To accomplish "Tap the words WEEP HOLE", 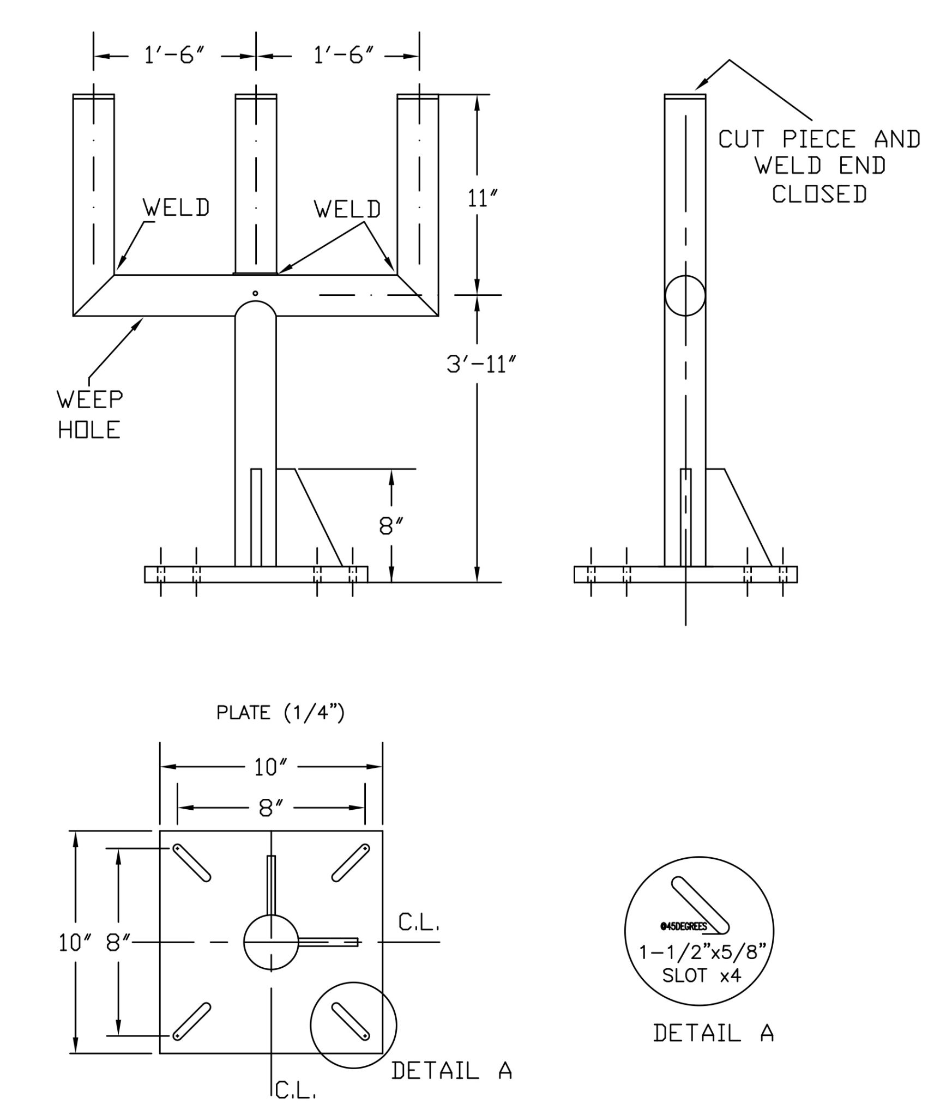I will click(x=90, y=415).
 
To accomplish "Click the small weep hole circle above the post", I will click(x=255, y=294).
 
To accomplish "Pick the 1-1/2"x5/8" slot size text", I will click(x=703, y=952).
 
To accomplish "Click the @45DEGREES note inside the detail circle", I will click(x=683, y=927).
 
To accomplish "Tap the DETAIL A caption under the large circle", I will click(x=713, y=1033).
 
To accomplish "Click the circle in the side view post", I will click(x=685, y=295).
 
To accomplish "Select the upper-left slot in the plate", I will click(x=192, y=863).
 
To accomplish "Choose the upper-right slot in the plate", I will click(x=351, y=863).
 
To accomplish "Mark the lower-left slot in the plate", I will click(x=192, y=1021).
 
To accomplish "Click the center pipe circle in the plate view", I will click(x=271, y=942).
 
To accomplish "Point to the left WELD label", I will click(x=176, y=208).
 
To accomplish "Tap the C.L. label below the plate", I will click(x=295, y=1090).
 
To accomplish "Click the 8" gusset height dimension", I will click(x=391, y=526).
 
